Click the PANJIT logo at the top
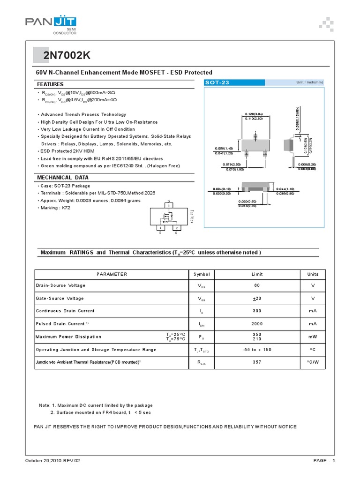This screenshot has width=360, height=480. tap(50, 22)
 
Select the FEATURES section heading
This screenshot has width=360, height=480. tap(50, 84)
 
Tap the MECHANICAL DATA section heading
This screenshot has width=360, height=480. tap(62, 178)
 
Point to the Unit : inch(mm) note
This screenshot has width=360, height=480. tap(309, 82)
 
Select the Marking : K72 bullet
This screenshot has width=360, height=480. tap(55, 208)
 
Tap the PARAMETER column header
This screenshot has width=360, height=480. tap(112, 274)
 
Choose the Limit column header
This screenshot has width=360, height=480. tap(257, 274)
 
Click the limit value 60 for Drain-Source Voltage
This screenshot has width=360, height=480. tap(257, 285)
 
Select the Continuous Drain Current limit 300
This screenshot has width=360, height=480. tap(257, 311)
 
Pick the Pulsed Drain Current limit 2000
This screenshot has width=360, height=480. tap(257, 324)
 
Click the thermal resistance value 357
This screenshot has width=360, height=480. tap(257, 362)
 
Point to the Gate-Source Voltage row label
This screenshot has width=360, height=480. tap(60, 299)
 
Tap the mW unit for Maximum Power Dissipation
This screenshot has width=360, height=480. tap(313, 337)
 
